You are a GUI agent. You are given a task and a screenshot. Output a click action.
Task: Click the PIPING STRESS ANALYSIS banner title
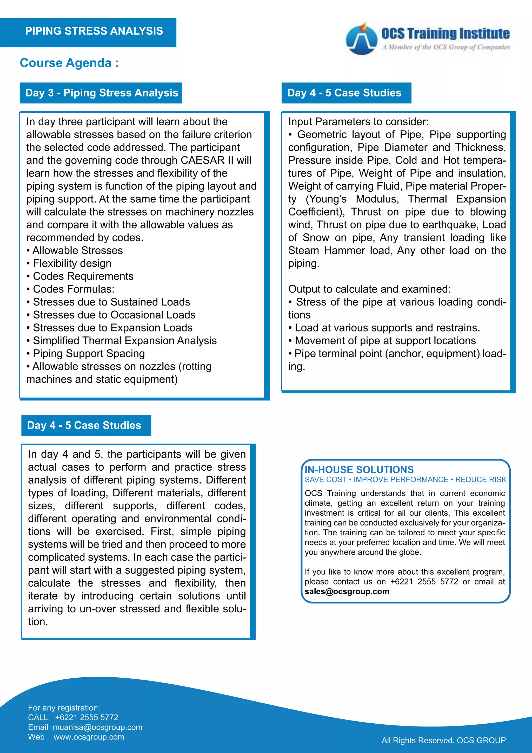click(x=94, y=31)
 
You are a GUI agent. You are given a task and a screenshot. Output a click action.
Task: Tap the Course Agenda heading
click(x=69, y=63)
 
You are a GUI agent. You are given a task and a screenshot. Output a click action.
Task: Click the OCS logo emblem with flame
click(x=361, y=39)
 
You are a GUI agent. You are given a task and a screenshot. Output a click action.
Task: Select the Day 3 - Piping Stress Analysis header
click(x=102, y=93)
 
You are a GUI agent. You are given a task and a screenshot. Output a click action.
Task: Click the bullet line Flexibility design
click(x=72, y=263)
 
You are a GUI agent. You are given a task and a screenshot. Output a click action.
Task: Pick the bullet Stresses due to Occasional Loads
click(x=114, y=315)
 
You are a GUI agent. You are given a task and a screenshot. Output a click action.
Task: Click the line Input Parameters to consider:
click(x=358, y=122)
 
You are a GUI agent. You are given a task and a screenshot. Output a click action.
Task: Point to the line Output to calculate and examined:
click(x=369, y=289)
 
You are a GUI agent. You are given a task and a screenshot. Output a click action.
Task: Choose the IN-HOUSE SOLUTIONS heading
click(x=359, y=470)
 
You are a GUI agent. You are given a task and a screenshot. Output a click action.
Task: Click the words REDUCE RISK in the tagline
click(x=481, y=480)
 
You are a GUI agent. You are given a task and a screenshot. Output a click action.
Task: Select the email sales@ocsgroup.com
click(x=347, y=591)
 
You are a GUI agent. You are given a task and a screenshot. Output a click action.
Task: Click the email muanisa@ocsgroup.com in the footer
click(x=98, y=727)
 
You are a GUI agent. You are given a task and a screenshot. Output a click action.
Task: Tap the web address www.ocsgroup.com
click(x=89, y=737)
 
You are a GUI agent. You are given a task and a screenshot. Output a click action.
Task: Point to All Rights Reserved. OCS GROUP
click(x=444, y=740)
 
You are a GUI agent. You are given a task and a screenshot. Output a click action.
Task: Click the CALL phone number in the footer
click(x=87, y=717)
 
